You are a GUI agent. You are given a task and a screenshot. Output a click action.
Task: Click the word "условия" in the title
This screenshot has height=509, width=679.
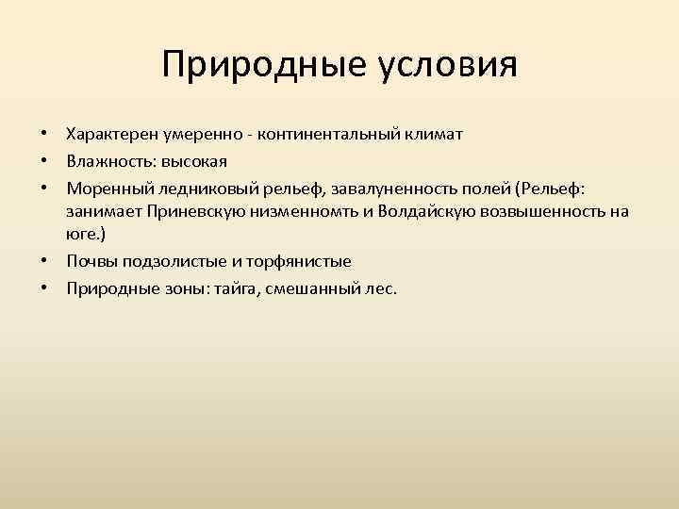pyautogui.click(x=449, y=65)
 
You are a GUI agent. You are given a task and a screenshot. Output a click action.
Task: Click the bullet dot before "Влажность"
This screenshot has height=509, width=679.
pyautogui.click(x=44, y=162)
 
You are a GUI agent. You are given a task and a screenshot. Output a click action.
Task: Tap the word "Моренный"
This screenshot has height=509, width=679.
pyautogui.click(x=104, y=188)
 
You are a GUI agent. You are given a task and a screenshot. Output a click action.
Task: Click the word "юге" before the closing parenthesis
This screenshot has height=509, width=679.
pyautogui.click(x=80, y=235)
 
